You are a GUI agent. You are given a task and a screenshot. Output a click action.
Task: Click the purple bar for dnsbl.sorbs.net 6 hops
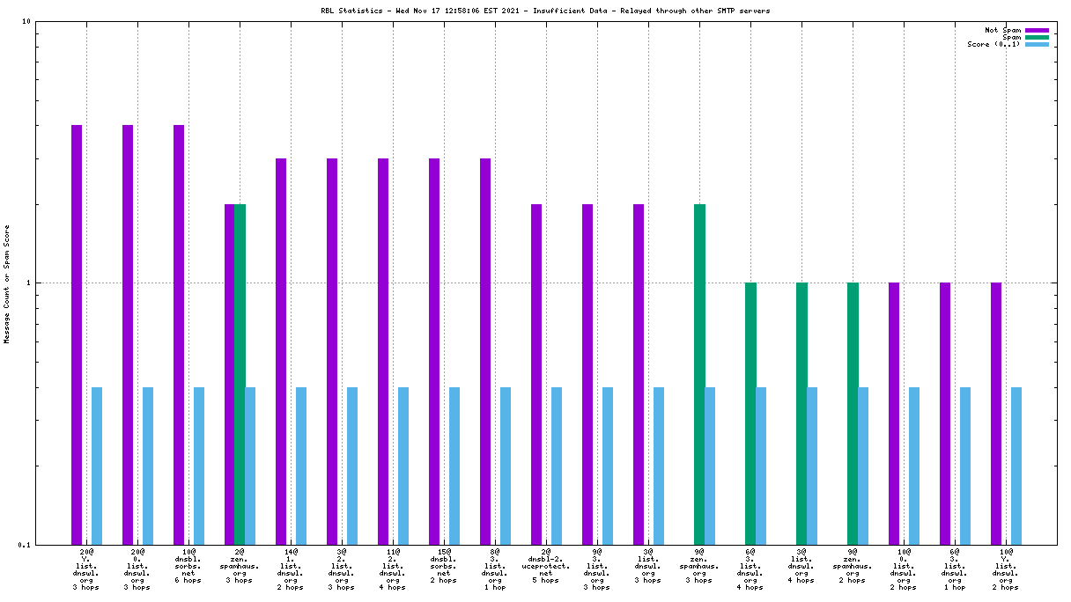pyautogui.click(x=179, y=334)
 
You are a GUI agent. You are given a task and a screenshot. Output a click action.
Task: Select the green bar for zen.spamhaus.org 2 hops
pyautogui.click(x=853, y=413)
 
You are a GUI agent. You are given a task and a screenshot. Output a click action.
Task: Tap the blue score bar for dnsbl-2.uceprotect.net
pyautogui.click(x=557, y=466)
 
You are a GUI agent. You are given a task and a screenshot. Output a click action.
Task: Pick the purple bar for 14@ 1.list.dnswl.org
pyautogui.click(x=281, y=351)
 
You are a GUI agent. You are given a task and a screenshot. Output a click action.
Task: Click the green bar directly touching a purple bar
pyautogui.click(x=240, y=374)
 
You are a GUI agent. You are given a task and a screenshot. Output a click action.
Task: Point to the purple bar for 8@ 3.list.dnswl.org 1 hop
pyautogui.click(x=485, y=351)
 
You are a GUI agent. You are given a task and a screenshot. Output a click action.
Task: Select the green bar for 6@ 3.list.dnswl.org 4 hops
pyautogui.click(x=750, y=413)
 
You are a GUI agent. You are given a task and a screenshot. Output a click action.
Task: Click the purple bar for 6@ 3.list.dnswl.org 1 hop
pyautogui.click(x=945, y=413)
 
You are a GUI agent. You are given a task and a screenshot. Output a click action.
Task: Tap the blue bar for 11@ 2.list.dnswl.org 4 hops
pyautogui.click(x=403, y=466)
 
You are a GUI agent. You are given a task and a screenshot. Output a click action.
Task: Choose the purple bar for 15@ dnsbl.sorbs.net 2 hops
pyautogui.click(x=434, y=351)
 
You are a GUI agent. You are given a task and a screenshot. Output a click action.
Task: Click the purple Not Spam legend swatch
pyautogui.click(x=1038, y=30)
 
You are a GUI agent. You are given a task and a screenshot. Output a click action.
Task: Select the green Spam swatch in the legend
pyautogui.click(x=1038, y=37)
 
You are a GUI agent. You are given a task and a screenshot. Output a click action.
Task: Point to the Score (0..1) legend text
pyautogui.click(x=993, y=44)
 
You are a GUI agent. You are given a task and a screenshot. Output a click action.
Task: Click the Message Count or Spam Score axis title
pyautogui.click(x=7, y=283)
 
